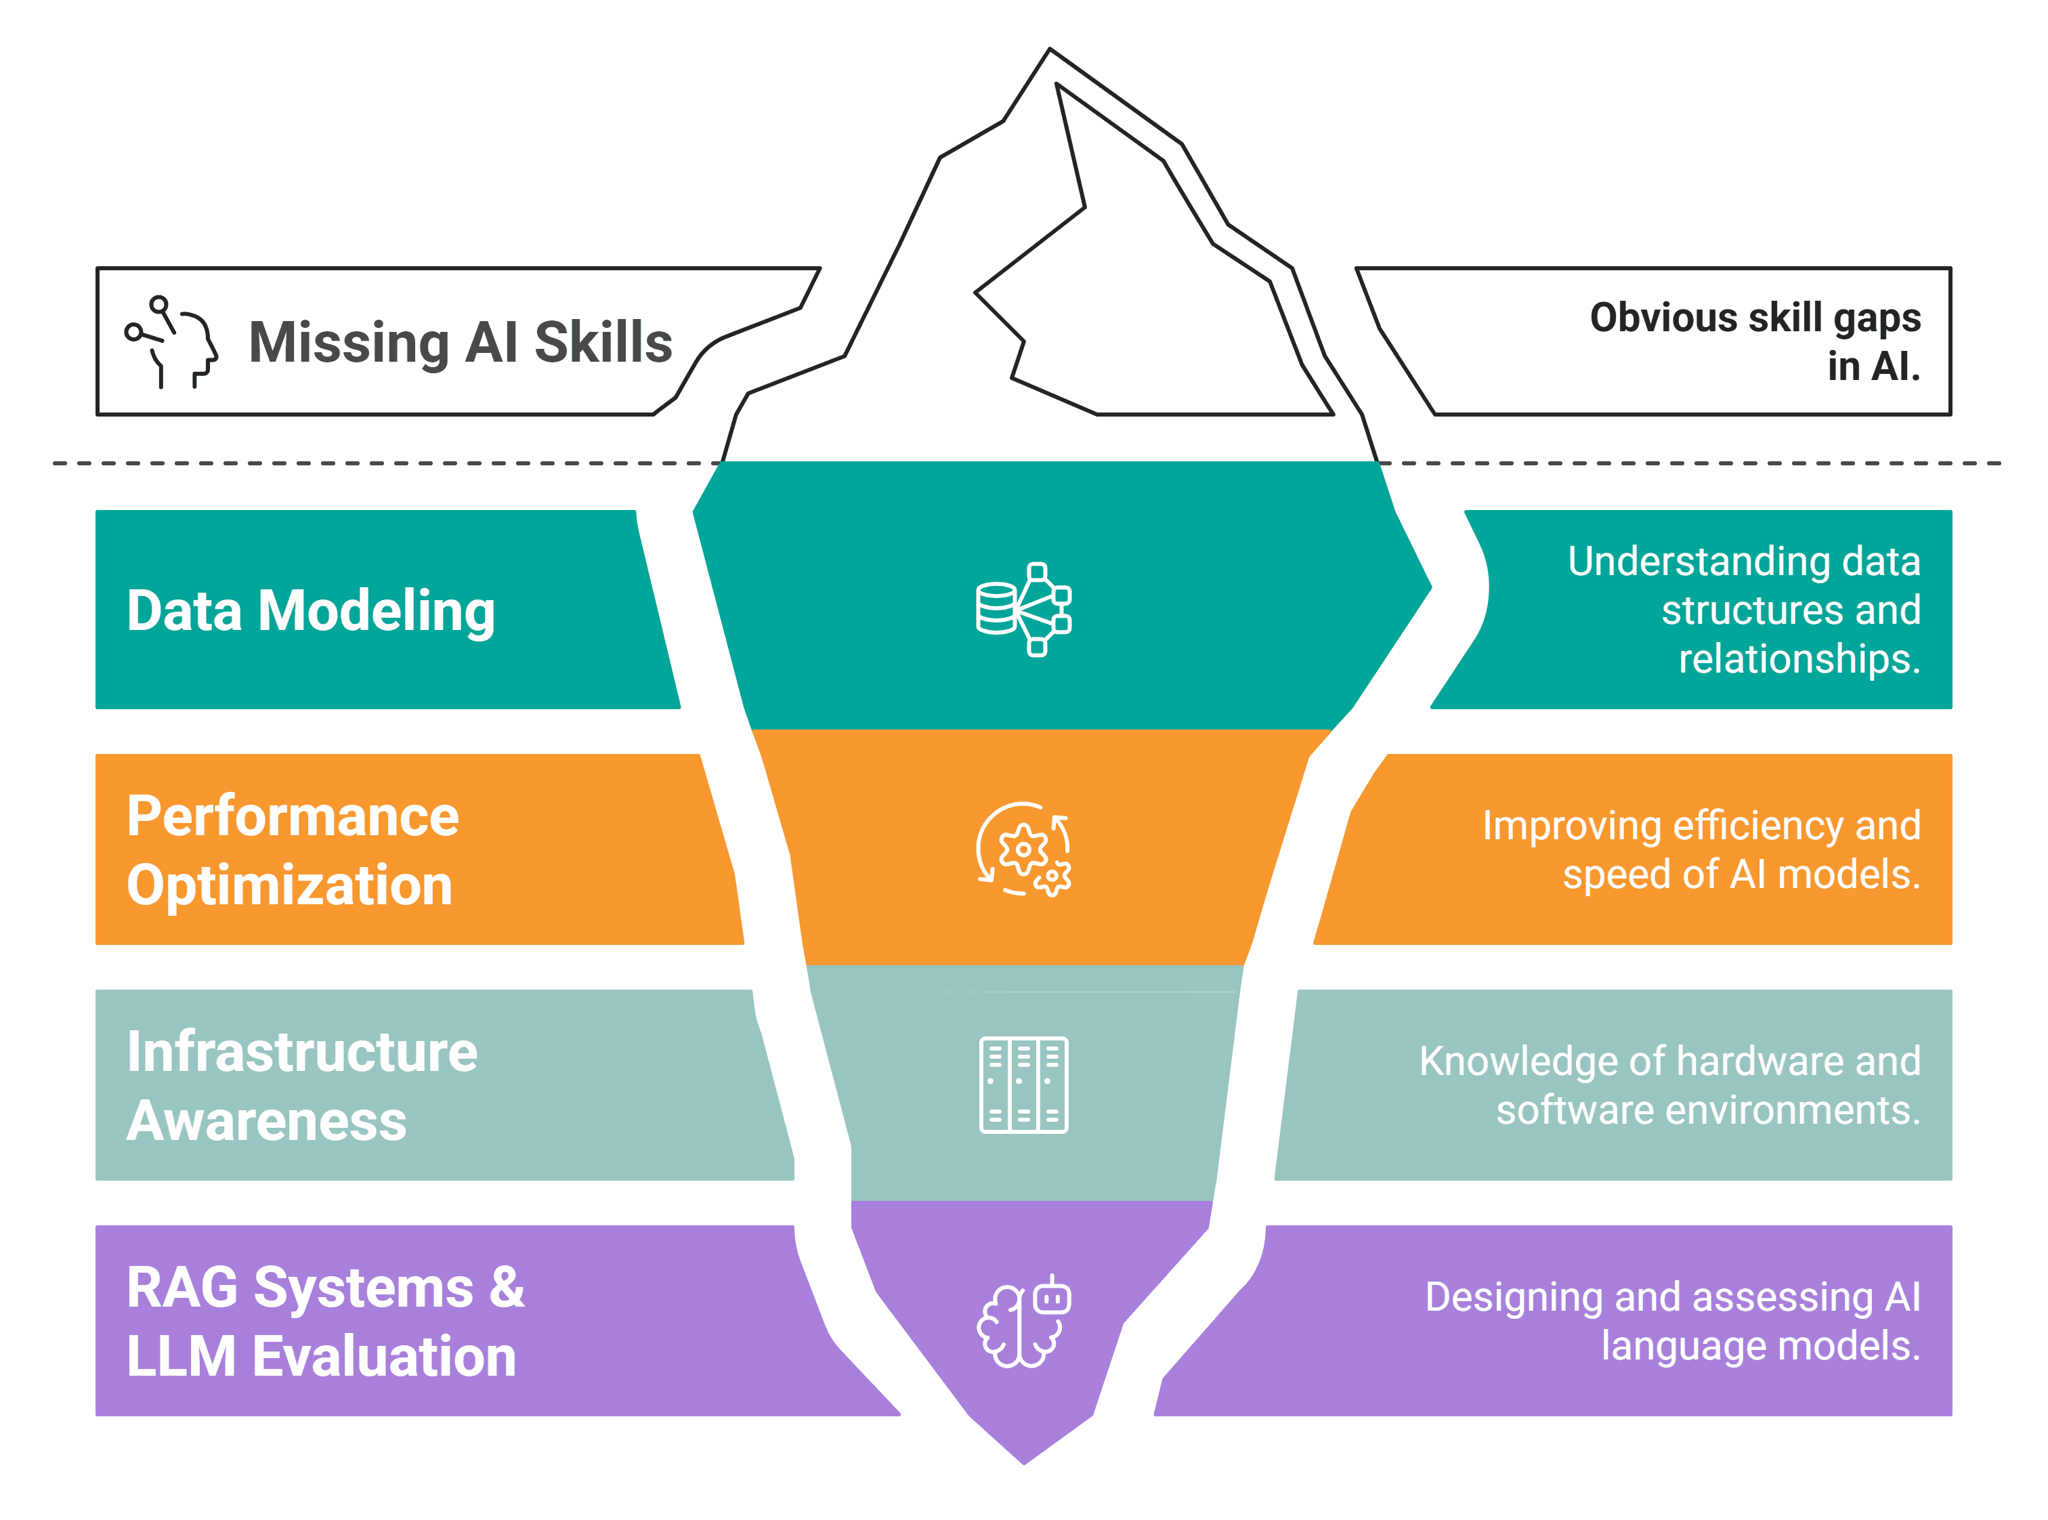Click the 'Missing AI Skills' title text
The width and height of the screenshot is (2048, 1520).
coord(460,342)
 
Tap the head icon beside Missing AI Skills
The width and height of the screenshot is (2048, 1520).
coord(172,341)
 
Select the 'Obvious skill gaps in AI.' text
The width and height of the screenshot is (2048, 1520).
coord(1755,341)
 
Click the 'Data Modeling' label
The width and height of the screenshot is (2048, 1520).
coord(311,611)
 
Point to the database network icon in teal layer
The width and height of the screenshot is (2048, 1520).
coord(1023,609)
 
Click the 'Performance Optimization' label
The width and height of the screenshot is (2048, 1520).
coord(293,850)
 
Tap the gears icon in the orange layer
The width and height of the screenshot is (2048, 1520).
coord(1023,849)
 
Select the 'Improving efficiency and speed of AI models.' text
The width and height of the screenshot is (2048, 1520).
coord(1701,850)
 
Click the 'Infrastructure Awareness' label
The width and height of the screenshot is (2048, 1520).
coord(302,1086)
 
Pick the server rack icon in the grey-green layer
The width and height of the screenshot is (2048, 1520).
coord(1023,1084)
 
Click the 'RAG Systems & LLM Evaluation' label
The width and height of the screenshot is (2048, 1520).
coord(326,1322)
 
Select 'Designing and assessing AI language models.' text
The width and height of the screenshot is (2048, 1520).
coord(1673,1322)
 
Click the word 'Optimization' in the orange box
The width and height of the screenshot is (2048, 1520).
coord(290,886)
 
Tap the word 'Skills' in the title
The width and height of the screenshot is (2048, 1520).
coord(603,342)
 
